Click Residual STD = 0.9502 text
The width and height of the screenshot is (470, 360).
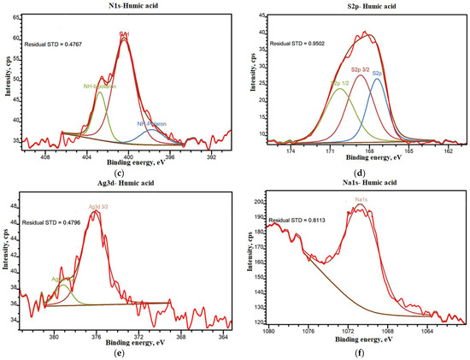299,43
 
